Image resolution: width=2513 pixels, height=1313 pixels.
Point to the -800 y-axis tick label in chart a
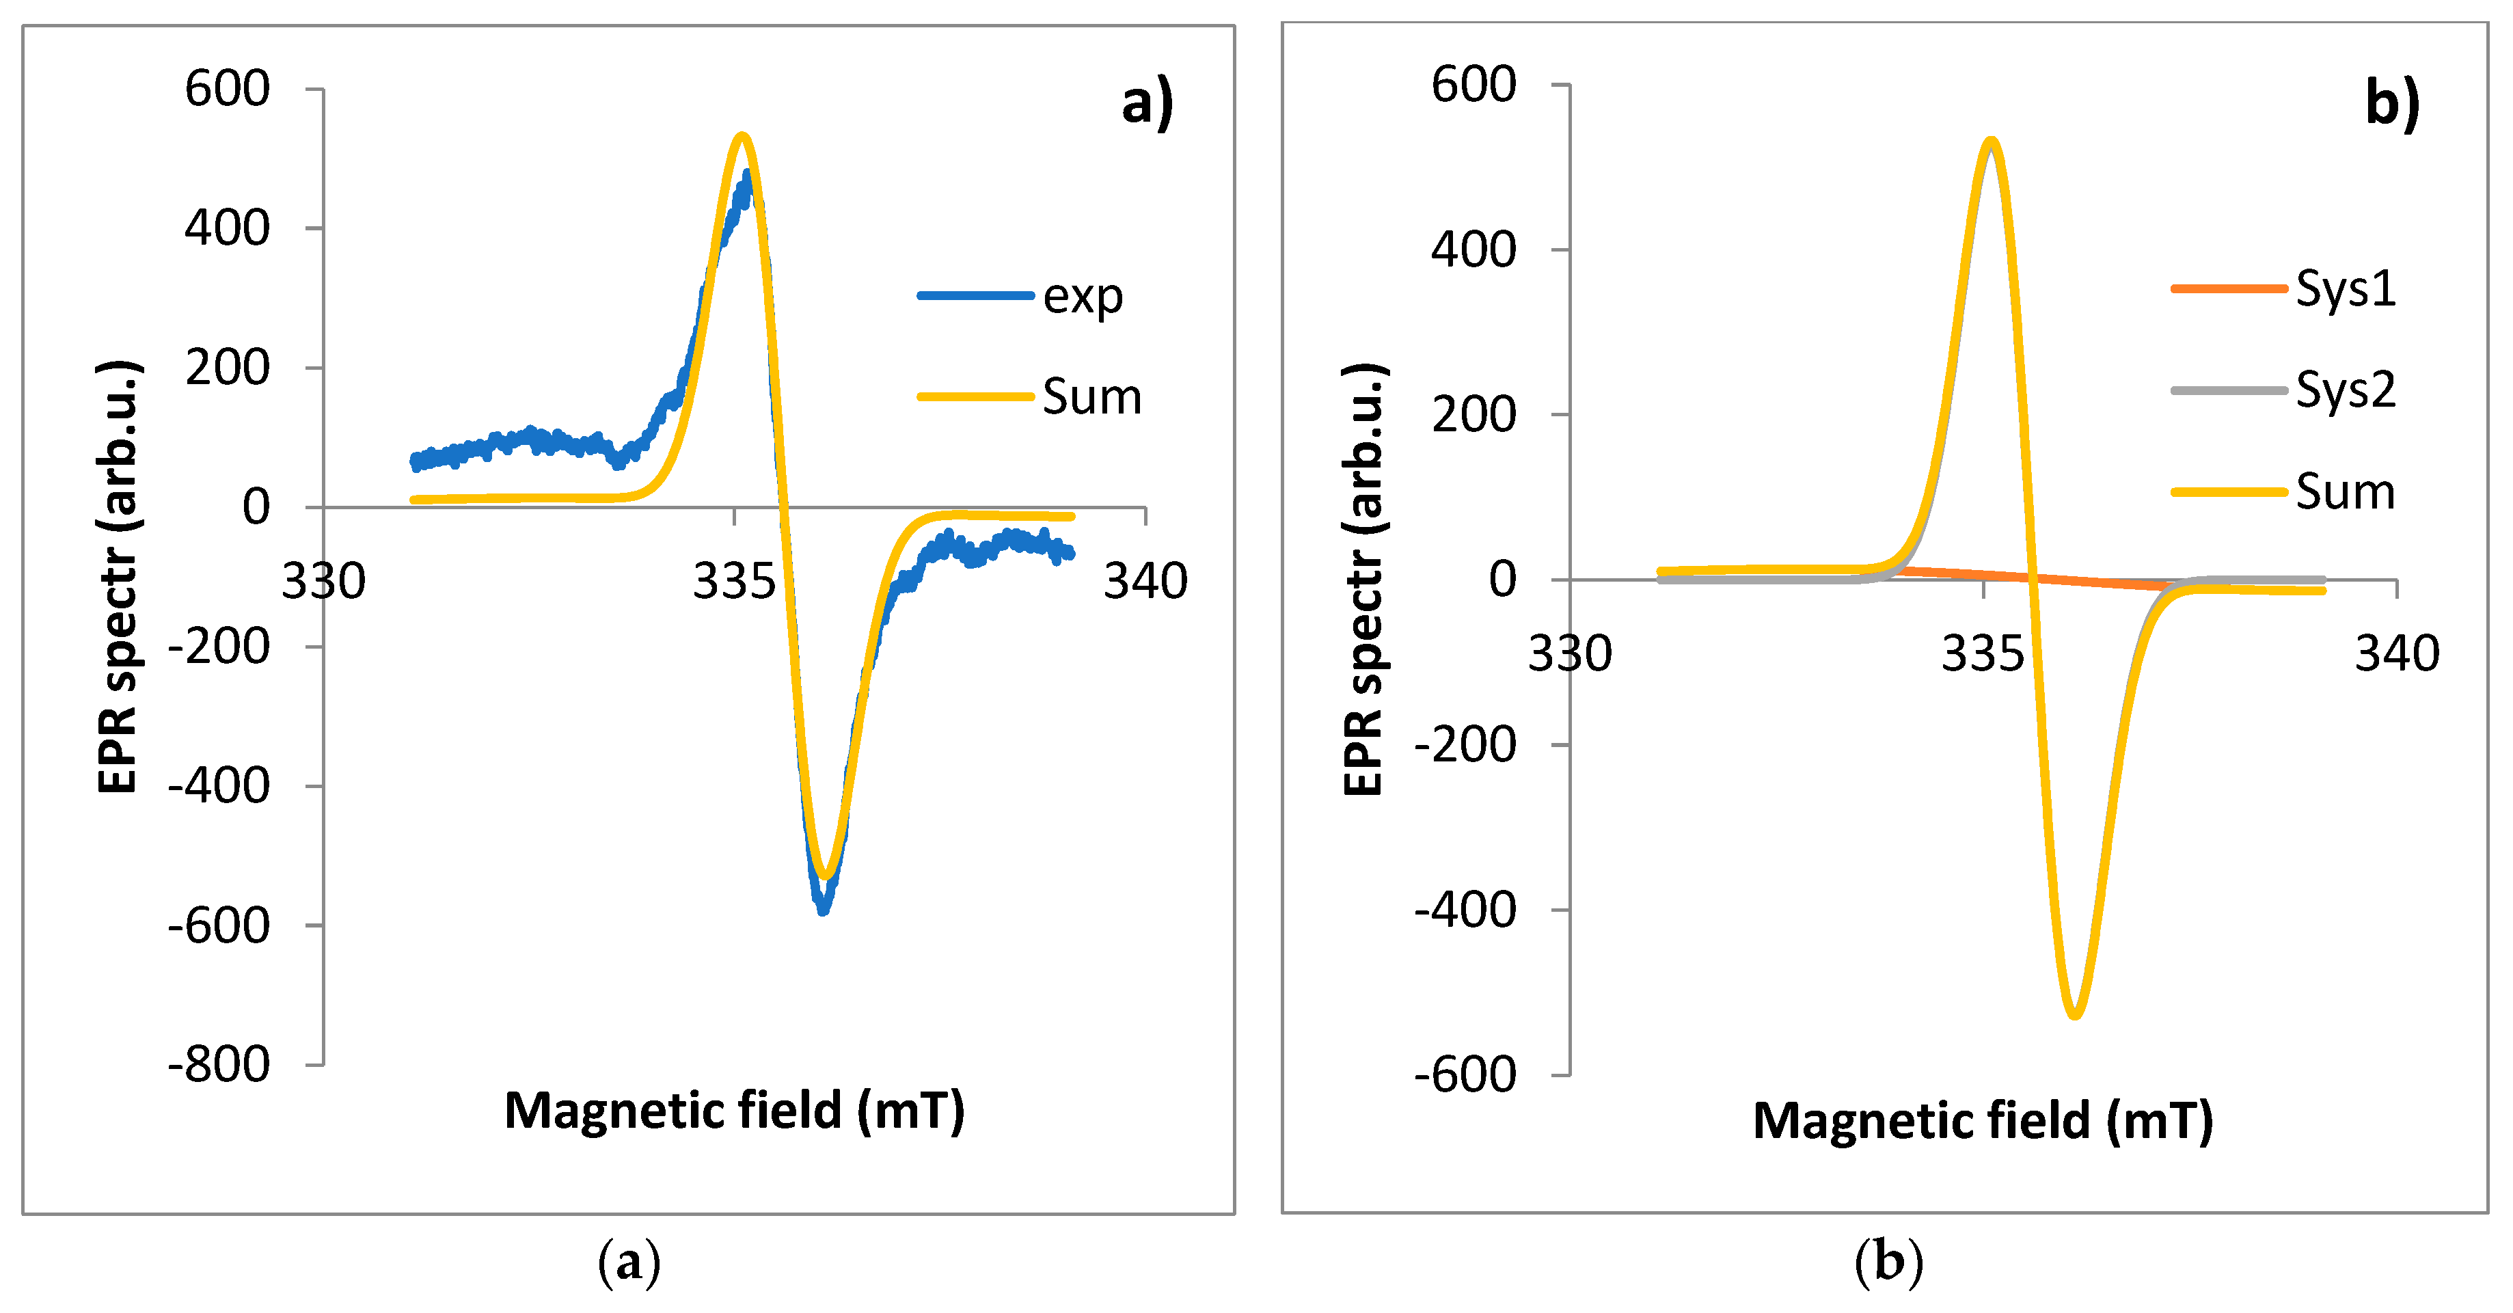(x=219, y=1064)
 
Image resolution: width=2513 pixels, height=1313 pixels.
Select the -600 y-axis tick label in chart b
(x=1465, y=1074)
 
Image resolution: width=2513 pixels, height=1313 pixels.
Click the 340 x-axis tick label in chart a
(x=1145, y=582)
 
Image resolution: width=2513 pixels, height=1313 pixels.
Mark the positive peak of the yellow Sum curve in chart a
(x=742, y=135)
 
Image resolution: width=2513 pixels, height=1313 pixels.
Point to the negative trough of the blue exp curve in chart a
(x=824, y=909)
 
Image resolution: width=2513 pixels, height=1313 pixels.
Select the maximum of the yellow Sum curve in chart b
(x=1990, y=141)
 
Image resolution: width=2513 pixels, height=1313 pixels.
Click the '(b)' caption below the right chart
(x=1888, y=1262)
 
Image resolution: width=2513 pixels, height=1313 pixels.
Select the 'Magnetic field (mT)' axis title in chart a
(x=733, y=1111)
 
